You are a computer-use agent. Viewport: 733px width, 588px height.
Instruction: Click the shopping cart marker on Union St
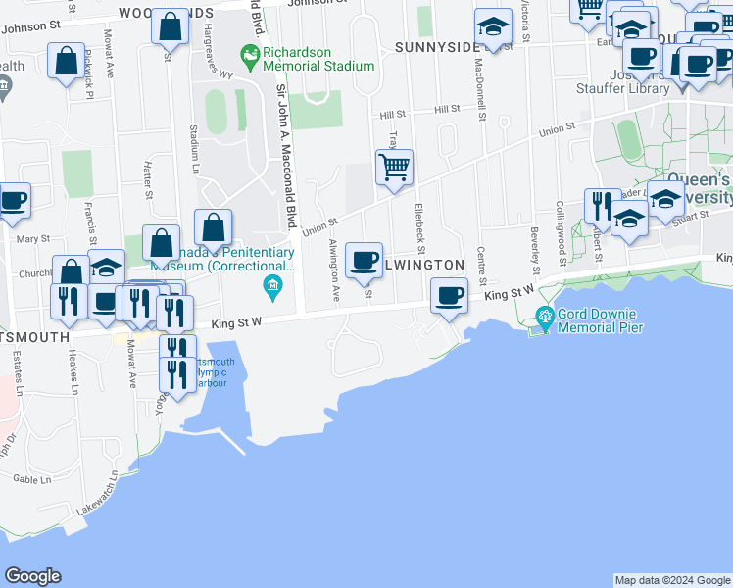394,167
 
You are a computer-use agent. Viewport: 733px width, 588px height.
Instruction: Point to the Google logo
32,576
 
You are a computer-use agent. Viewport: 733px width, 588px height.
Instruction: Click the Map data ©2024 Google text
672,580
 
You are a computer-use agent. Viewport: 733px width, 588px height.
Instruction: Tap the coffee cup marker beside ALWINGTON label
365,261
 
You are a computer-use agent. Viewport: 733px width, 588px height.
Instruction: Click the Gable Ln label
32,480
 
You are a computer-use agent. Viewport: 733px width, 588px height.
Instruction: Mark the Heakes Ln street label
73,373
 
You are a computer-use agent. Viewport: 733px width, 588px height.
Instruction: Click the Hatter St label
149,180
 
